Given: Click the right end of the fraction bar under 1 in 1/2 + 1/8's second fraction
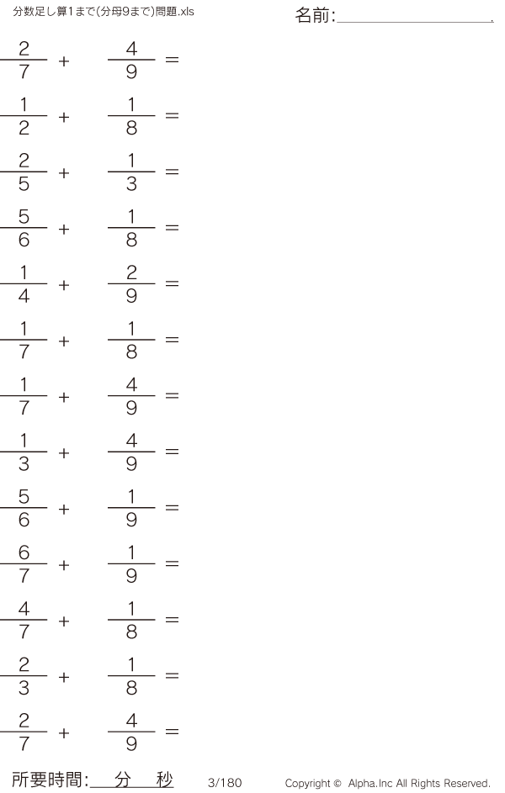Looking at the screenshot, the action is tap(156, 116).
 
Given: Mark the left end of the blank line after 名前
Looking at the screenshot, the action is tap(337, 22).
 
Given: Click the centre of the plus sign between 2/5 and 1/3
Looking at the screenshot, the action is tap(64, 173).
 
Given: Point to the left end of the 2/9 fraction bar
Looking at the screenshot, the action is tap(108, 283).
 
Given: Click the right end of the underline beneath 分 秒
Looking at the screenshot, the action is tap(173, 788).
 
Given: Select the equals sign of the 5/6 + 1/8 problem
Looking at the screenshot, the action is tap(172, 228).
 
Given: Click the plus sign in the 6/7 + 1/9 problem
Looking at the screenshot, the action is tap(64, 565).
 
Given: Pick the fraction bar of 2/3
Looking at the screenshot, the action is tap(24, 675).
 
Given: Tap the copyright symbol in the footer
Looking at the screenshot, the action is tap(337, 784).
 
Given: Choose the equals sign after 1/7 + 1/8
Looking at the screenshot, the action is tap(172, 340).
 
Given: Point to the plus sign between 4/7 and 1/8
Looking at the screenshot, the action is tap(64, 621).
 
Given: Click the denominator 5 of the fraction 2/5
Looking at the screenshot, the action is tap(24, 183).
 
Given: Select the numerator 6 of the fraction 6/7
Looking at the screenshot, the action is tap(24, 552).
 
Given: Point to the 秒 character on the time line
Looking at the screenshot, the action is tap(164, 780).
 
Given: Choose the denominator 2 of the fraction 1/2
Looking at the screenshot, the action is tap(24, 128).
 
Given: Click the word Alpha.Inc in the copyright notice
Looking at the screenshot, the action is tap(369, 784).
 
